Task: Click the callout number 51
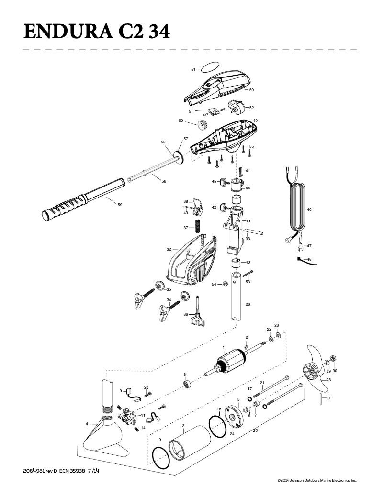193,69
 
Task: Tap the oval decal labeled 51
210,66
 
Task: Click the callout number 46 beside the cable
309,209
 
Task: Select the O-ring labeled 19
161,458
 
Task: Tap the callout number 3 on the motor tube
183,425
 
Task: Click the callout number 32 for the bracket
169,249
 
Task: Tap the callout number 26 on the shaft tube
248,304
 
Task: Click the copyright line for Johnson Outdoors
317,479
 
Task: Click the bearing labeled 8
188,385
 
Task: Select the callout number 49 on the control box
255,121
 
